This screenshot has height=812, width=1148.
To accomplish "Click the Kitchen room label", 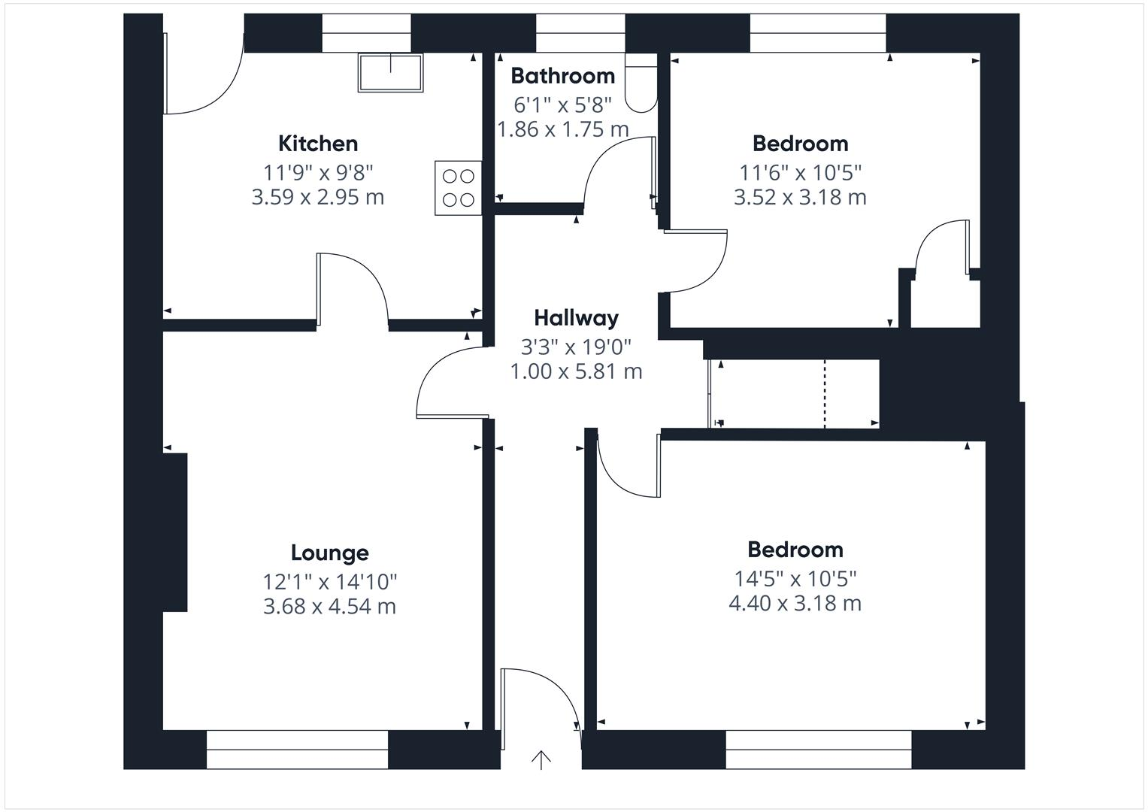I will (318, 144).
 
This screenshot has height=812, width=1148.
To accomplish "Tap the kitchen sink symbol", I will (390, 72).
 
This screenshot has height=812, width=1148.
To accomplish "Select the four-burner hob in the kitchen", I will (458, 188).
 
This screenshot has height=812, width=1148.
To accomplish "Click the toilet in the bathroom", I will (641, 83).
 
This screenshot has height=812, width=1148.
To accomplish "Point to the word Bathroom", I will (562, 76).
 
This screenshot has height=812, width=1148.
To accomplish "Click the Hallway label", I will (576, 318).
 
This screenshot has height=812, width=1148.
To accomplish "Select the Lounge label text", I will (329, 553).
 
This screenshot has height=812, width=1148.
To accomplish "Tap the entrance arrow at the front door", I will (541, 759).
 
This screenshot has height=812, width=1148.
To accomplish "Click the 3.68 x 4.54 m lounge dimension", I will (329, 606).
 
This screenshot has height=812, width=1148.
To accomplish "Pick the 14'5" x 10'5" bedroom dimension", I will (795, 579).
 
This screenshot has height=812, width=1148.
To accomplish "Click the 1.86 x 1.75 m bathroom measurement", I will (562, 129).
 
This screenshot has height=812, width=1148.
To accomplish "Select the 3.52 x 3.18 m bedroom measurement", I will (800, 197).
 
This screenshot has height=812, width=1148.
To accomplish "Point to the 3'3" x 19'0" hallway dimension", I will (576, 347).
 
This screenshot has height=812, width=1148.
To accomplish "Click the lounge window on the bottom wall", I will (297, 749).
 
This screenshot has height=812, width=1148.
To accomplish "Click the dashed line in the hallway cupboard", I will (825, 394).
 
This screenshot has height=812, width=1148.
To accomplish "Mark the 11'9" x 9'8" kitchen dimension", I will (318, 173).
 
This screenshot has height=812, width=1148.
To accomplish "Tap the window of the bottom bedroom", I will (818, 749).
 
